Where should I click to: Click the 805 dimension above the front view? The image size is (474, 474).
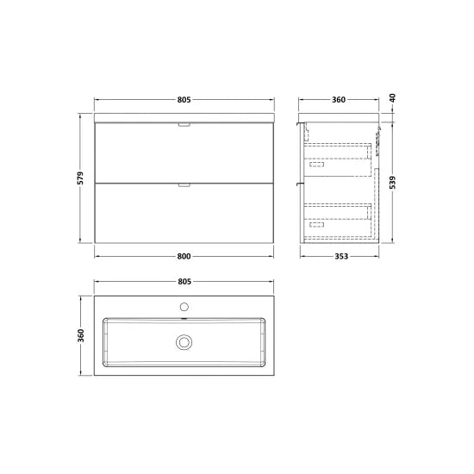point(183,99)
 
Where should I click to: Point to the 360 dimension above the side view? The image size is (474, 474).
point(339,99)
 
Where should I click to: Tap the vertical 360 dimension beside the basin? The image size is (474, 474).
point(79,334)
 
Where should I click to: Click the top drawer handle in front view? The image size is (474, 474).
point(183,126)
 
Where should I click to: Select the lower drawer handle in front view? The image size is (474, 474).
point(183,184)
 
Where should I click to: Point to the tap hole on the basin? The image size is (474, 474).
point(183,307)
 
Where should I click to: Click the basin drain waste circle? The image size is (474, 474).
point(183,342)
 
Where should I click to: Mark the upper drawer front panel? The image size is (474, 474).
point(183,153)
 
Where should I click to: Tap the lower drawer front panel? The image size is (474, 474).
point(183,215)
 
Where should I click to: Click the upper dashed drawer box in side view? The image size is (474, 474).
point(338,157)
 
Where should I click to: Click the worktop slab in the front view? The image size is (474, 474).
point(183,116)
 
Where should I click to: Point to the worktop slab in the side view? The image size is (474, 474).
point(340,116)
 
